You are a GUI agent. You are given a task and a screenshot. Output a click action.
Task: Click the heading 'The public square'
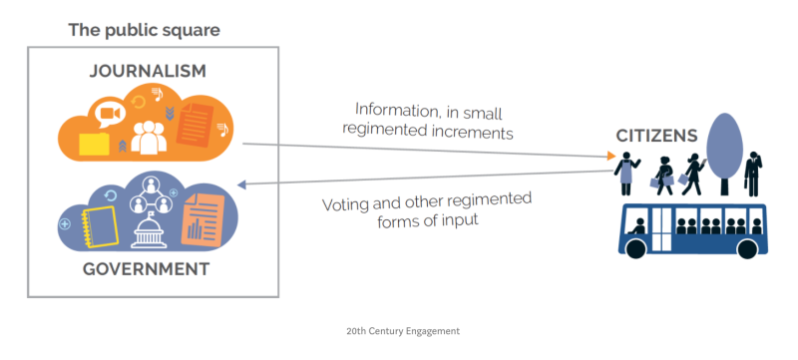144,30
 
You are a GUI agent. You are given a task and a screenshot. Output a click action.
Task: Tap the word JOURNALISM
148,71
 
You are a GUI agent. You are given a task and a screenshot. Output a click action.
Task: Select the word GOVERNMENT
146,269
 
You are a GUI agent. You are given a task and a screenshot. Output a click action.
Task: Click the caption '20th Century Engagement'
403,331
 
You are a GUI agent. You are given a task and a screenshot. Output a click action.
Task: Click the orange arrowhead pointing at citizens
611,156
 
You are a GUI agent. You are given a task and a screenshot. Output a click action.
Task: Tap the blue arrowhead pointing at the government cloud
242,184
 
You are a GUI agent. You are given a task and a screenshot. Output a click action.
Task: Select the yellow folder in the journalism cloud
94,144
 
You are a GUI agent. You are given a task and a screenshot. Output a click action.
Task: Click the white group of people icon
149,138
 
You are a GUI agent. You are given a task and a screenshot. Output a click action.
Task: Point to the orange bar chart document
202,218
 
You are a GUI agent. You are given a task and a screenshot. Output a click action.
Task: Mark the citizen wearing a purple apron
626,174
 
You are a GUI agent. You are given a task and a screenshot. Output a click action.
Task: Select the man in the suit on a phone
753,174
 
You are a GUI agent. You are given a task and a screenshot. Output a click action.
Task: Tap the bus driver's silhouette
638,226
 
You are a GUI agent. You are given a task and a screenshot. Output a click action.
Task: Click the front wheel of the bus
636,248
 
